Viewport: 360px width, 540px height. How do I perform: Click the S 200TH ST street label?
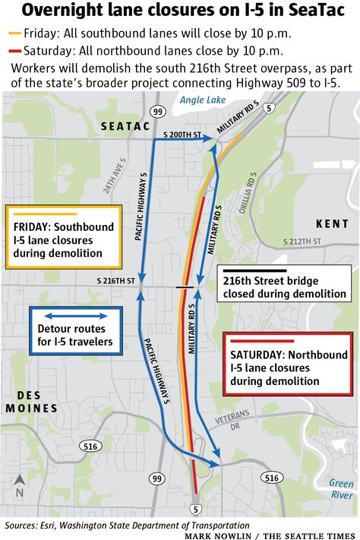pos(183,134)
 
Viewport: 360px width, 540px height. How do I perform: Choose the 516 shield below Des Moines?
pos(91,446)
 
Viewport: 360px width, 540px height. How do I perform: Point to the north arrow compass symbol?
pos(19,485)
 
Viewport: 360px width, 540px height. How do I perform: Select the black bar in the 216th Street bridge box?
pos(254,270)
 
